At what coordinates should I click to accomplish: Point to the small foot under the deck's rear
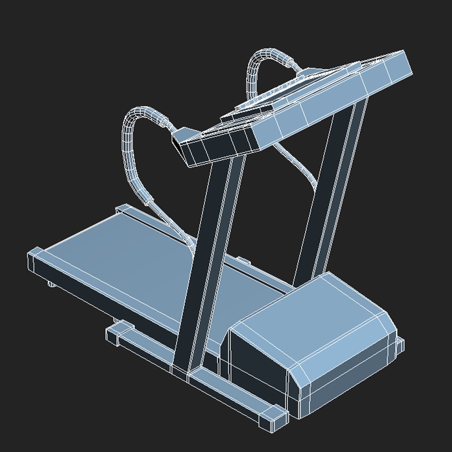pyautogui.click(x=51, y=285)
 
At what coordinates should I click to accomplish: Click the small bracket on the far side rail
pyautogui.click(x=243, y=261)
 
